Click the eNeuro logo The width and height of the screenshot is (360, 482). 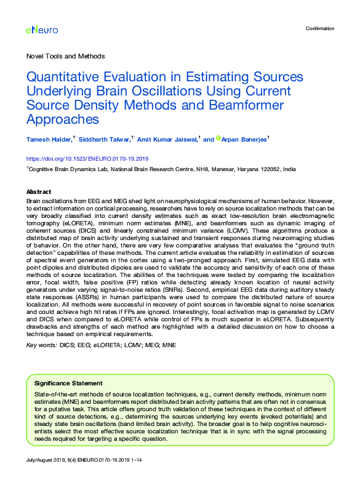(x=40, y=29)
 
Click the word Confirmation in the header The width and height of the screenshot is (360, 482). (x=320, y=28)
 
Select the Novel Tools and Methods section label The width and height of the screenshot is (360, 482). (x=65, y=56)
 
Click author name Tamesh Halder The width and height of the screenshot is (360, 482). (x=49, y=140)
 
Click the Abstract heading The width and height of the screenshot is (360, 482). (x=39, y=191)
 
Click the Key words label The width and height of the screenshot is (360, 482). (x=42, y=346)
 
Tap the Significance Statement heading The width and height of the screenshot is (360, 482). (x=68, y=382)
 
